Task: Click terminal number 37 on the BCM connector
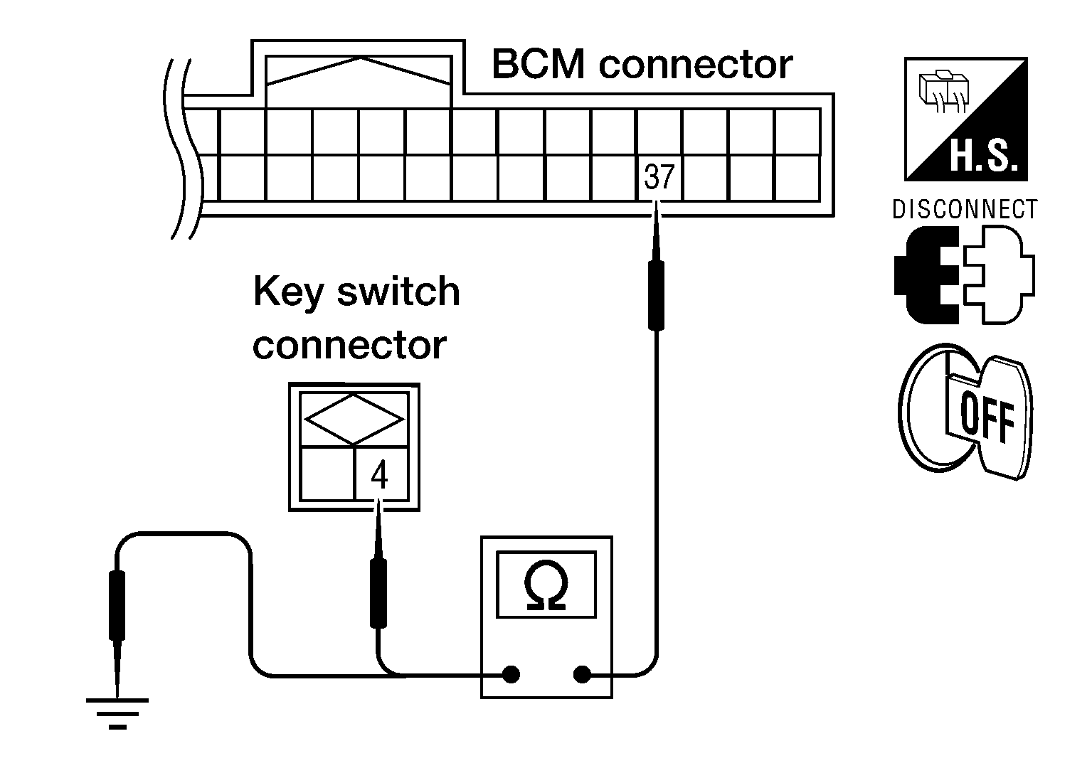point(659,177)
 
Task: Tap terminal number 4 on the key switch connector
point(379,475)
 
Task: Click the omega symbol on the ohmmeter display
point(546,585)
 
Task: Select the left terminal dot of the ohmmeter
point(511,675)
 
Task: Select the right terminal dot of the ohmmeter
point(582,675)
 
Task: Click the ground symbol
point(117,713)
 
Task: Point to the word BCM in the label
point(539,64)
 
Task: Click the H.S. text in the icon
point(984,156)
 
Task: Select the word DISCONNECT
point(965,210)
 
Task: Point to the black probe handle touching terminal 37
point(656,295)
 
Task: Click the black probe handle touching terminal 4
point(378,593)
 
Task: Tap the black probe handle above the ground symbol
point(117,605)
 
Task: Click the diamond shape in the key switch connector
point(354,420)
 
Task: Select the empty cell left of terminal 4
point(327,473)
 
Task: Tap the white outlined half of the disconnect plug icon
point(1000,275)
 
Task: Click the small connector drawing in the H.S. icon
point(943,92)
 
